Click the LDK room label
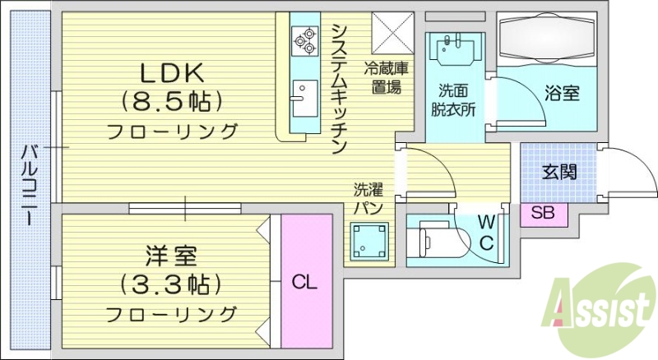171,73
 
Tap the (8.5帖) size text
171,102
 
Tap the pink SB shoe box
543,213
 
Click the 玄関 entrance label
559,172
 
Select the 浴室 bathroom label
563,93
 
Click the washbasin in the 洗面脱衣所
455,46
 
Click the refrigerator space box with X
392,32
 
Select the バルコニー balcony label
29,185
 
